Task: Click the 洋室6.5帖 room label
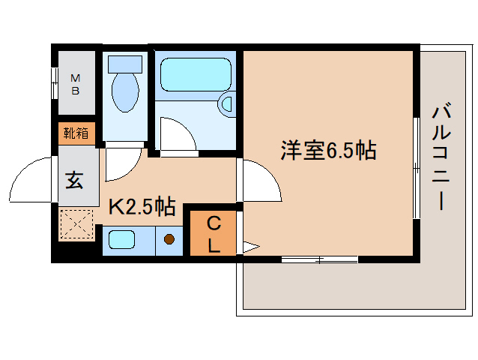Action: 328,151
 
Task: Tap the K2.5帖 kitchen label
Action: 142,206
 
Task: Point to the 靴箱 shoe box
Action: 76,133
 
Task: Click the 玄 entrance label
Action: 74,180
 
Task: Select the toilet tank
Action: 124,62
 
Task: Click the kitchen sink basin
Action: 121,240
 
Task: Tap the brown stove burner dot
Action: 169,240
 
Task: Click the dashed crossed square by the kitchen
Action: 75,223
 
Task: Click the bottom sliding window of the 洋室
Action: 319,259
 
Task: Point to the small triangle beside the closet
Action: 250,244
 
